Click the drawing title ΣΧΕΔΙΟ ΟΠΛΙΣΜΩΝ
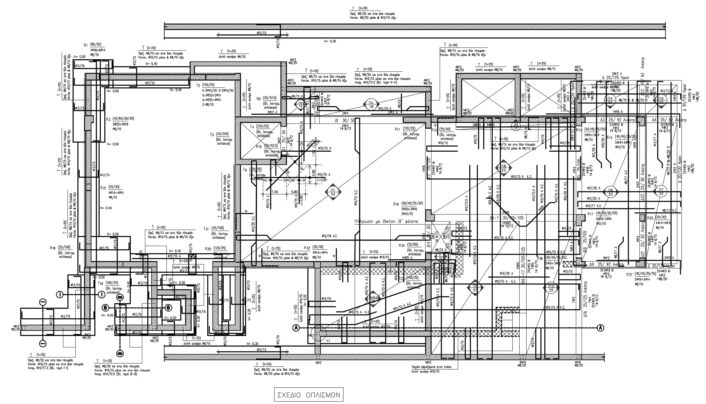tap(309, 395)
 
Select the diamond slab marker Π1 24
tap(333, 192)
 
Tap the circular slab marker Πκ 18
tap(371, 104)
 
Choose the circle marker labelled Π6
tap(610, 192)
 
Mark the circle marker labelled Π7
tap(661, 192)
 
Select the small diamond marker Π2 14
tap(300, 104)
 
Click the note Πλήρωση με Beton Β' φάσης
tap(386, 221)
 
